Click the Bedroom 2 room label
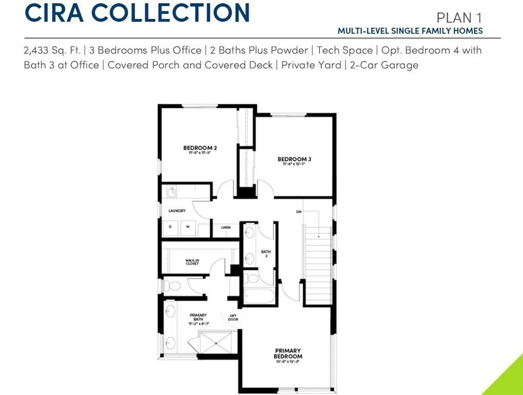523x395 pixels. point(200,148)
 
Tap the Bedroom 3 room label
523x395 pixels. point(294,159)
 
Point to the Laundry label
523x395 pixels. point(177,211)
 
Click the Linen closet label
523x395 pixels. point(226,227)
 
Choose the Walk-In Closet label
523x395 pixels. point(192,262)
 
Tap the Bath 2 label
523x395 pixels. point(266,253)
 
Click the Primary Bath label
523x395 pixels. point(198,317)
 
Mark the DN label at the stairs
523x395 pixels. point(298,212)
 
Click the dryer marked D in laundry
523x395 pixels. point(171,227)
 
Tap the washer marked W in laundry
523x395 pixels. point(188,227)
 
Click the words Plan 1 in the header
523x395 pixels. point(459,17)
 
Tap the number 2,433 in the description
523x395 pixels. point(41,50)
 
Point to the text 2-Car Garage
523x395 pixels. point(384,65)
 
